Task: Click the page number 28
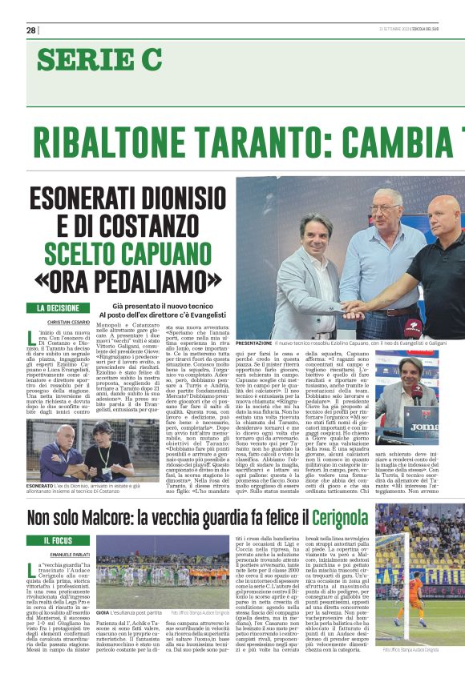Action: (x=30, y=30)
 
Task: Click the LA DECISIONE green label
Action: (x=59, y=307)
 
